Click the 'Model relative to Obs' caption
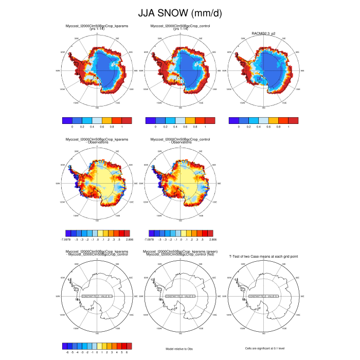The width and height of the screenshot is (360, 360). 180,348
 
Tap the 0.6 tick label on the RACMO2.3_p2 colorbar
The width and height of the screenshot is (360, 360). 269,126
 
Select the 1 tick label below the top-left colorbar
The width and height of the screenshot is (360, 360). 122,126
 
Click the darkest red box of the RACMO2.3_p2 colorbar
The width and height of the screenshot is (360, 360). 293,120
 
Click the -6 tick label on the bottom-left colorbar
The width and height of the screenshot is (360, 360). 68,352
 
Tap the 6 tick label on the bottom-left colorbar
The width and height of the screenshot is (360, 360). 126,352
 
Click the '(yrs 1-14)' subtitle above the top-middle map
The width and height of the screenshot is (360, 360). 180,29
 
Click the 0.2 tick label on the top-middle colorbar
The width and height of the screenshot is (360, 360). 166,126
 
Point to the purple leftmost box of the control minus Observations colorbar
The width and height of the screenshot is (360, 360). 151,234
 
